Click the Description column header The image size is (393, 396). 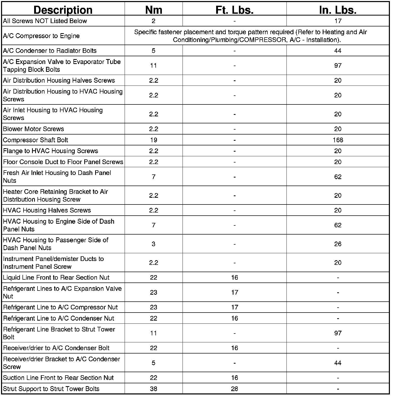tap(63, 10)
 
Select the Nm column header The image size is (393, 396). tap(154, 10)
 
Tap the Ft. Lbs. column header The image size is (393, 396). tap(234, 10)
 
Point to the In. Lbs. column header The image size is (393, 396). tap(338, 10)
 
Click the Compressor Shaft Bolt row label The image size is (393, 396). tap(35, 140)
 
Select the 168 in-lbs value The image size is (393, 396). tap(338, 140)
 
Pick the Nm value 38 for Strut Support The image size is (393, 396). tap(154, 389)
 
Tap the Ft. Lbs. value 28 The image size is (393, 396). tap(234, 389)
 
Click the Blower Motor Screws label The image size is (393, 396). tap(33, 129)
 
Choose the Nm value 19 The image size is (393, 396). tap(154, 140)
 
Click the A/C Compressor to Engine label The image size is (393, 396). tap(41, 36)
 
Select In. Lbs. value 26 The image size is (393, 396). tap(338, 244)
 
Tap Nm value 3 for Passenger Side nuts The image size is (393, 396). tap(154, 244)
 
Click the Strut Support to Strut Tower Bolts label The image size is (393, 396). tap(51, 389)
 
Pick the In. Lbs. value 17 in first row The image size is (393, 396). tap(338, 21)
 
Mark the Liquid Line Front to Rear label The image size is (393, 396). tap(56, 278)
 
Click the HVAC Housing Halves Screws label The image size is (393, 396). tap(47, 210)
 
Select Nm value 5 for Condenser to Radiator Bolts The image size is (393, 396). tap(154, 51)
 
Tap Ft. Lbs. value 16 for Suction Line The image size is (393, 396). tap(234, 378)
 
